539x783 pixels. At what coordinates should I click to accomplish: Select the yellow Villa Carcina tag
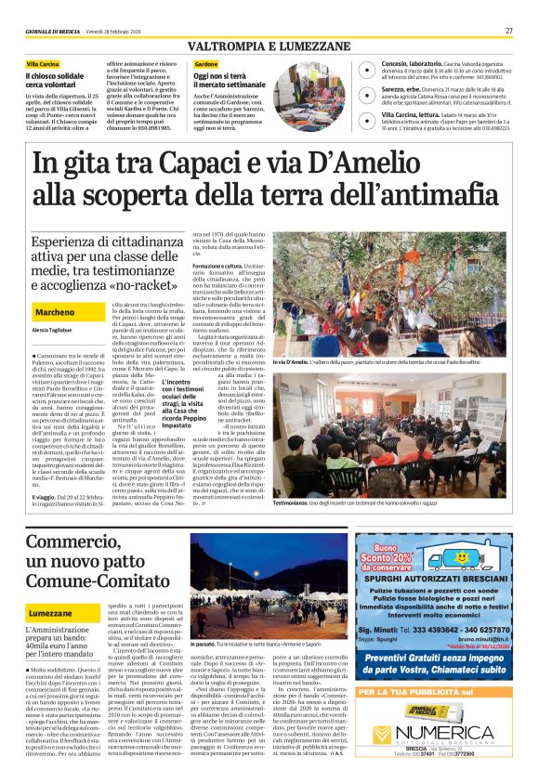[x=43, y=63]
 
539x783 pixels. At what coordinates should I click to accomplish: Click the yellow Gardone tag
[x=206, y=63]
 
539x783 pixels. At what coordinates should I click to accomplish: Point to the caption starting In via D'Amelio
[x=395, y=360]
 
